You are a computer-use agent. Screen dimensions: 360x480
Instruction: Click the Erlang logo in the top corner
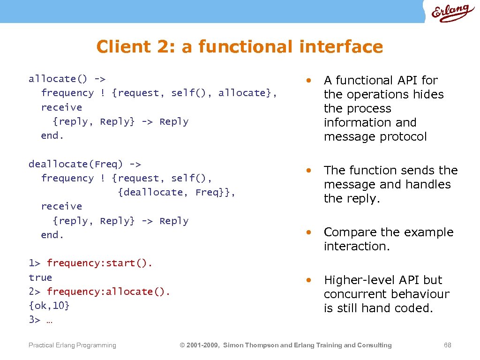click(451, 12)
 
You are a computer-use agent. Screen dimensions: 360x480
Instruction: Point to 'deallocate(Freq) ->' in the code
click(85, 164)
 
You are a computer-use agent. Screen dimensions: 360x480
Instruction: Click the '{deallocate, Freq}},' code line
click(177, 192)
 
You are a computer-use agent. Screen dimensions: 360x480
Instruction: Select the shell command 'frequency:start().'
click(100, 263)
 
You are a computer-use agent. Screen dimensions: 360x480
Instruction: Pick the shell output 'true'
click(40, 277)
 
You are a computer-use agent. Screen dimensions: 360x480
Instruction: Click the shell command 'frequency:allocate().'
click(109, 292)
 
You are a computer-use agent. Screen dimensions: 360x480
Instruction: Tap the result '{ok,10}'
click(49, 306)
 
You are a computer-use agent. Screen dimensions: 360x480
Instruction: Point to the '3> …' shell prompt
click(40, 320)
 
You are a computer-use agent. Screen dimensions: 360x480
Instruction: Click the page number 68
click(448, 345)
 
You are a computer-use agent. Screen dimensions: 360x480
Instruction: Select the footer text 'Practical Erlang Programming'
click(72, 345)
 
